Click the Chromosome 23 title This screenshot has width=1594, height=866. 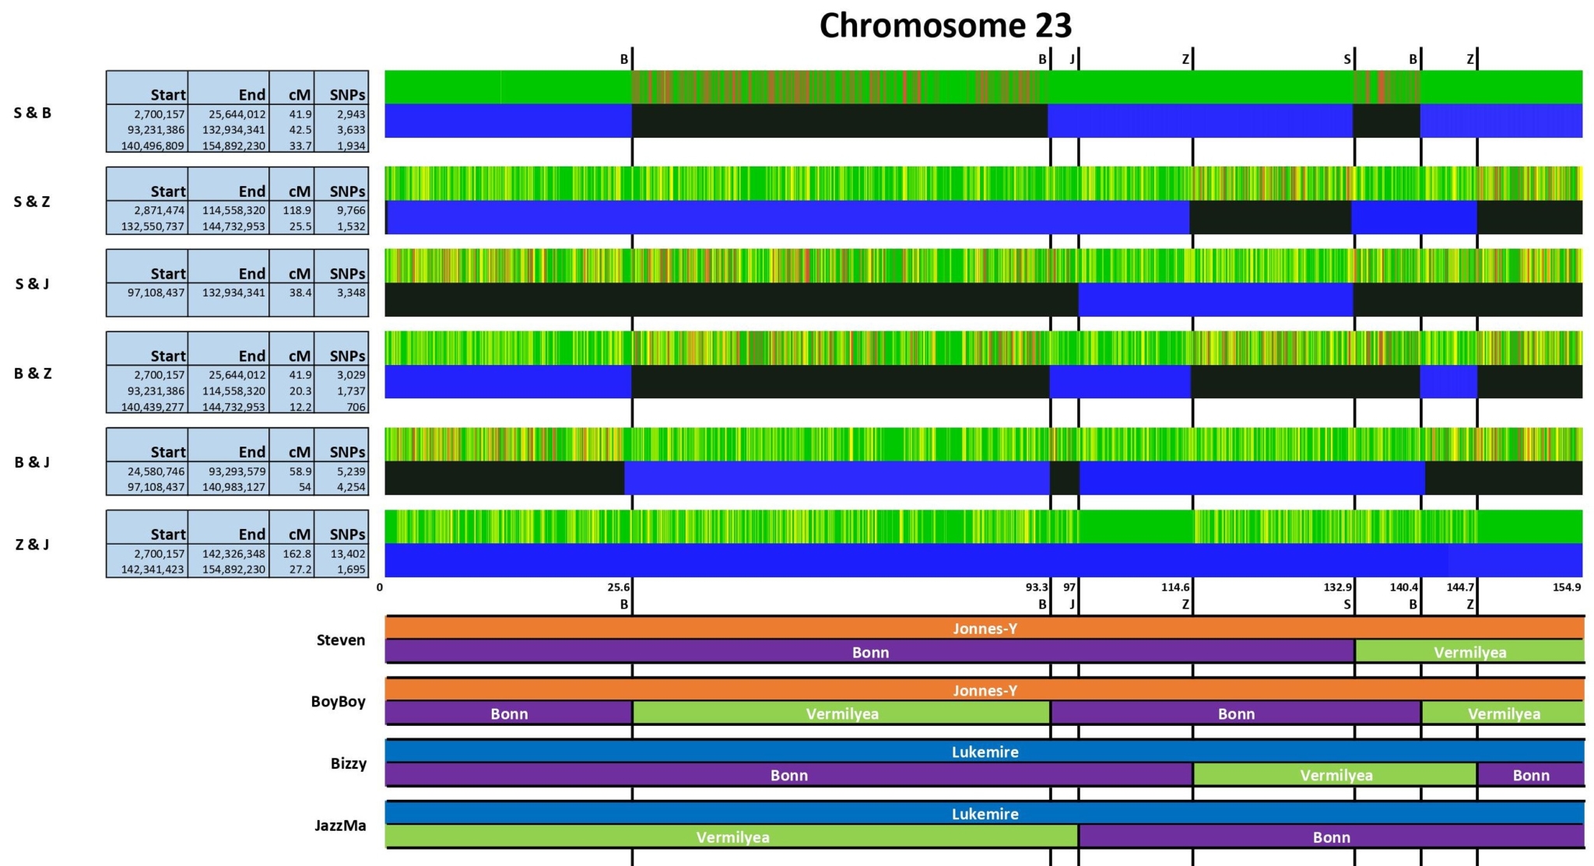pyautogui.click(x=945, y=26)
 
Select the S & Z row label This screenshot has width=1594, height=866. pyautogui.click(x=32, y=202)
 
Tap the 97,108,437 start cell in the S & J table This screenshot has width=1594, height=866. pyautogui.click(x=156, y=293)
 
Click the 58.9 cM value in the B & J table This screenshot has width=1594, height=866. pyautogui.click(x=300, y=472)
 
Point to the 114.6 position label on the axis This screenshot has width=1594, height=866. pyautogui.click(x=1174, y=587)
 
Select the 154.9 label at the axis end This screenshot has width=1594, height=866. pyautogui.click(x=1566, y=587)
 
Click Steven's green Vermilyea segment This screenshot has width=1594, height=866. pyautogui.click(x=1469, y=652)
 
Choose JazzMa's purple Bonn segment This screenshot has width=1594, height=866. pyautogui.click(x=1331, y=837)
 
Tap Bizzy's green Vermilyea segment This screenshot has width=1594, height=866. pyautogui.click(x=1336, y=775)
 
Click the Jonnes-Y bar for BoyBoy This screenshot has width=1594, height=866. pyautogui.click(x=985, y=690)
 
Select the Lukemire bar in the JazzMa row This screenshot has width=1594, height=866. pyautogui.click(x=985, y=814)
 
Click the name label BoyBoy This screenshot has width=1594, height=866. pyautogui.click(x=338, y=702)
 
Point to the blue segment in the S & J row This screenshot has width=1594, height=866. pyautogui.click(x=1215, y=300)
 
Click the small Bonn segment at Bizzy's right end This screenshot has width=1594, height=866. pyautogui.click(x=1530, y=775)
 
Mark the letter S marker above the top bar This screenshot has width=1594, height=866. pyautogui.click(x=1346, y=59)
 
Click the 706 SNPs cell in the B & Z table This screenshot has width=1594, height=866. pyautogui.click(x=356, y=407)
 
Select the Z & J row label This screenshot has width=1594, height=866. pyautogui.click(x=32, y=545)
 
